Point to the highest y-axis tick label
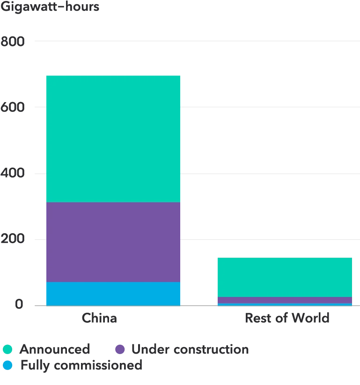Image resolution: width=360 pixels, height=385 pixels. point(13,41)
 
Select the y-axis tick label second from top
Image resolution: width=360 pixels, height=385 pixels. point(13,107)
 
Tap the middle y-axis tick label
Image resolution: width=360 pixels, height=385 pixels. point(13,173)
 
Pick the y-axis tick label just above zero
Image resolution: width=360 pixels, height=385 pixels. point(13,238)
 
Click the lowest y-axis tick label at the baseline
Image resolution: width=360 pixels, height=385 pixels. point(20,304)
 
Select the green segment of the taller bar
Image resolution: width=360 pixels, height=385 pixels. point(113,139)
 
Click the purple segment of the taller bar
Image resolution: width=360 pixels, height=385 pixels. point(113,242)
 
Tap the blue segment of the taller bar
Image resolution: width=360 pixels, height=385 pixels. point(113,293)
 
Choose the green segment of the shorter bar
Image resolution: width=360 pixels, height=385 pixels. point(285,277)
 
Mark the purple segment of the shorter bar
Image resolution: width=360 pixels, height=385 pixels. point(285,300)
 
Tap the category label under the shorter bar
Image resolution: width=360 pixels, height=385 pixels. point(286,319)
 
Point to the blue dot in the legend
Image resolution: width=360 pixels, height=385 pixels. point(8,365)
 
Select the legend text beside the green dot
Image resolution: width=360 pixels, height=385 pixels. point(54,349)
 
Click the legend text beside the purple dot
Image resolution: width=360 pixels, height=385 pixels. point(190,349)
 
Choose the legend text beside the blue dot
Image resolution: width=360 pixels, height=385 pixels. point(80,365)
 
